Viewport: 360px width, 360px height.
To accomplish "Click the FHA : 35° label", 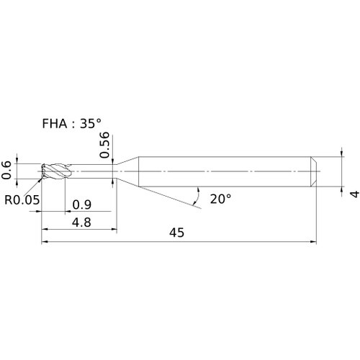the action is [71, 124].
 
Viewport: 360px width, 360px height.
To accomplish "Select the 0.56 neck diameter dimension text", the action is [104, 145].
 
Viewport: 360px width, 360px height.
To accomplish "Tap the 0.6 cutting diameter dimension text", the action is [6, 170].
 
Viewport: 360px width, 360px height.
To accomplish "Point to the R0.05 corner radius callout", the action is [22, 199].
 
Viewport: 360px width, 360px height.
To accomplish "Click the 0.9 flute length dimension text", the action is [82, 204].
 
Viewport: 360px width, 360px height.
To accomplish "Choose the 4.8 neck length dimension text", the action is [81, 222].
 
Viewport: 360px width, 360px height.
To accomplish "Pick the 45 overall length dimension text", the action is [176, 233].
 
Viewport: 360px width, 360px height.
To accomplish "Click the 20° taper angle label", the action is [220, 199].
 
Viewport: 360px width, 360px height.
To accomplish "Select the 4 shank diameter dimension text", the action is [355, 194].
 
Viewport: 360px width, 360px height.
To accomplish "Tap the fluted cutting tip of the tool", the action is [56, 171].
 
